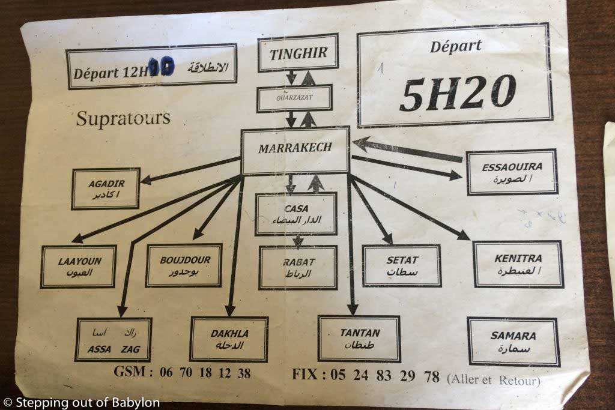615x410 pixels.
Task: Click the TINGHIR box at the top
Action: (x=298, y=53)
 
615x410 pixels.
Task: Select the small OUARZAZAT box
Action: (x=294, y=98)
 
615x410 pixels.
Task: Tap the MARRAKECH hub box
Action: (x=295, y=149)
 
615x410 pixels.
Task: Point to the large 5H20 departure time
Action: (x=458, y=93)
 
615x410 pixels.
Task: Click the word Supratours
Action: (x=123, y=118)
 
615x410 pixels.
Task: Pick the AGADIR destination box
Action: (x=106, y=188)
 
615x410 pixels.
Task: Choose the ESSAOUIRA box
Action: (x=512, y=172)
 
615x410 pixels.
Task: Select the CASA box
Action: (x=295, y=214)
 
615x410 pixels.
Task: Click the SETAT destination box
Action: (x=402, y=265)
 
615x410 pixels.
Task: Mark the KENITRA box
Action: (x=518, y=264)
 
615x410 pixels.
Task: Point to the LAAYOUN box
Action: (x=79, y=266)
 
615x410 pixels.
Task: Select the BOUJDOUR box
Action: (x=183, y=265)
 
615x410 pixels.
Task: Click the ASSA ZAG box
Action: (x=114, y=340)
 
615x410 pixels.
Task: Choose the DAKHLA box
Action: (x=229, y=339)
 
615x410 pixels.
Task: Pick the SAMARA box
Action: (x=513, y=342)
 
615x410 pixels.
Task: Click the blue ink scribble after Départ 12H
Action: (x=162, y=66)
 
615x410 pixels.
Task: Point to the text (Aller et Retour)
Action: (x=494, y=380)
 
